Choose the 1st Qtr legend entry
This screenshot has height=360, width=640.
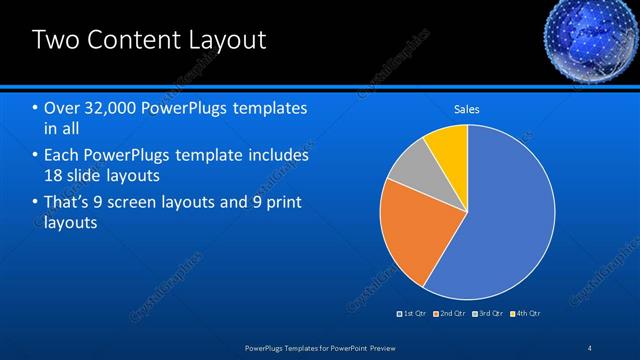[x=412, y=313]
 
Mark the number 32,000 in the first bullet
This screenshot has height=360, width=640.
[x=112, y=108]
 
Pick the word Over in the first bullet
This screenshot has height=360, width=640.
[x=61, y=108]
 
